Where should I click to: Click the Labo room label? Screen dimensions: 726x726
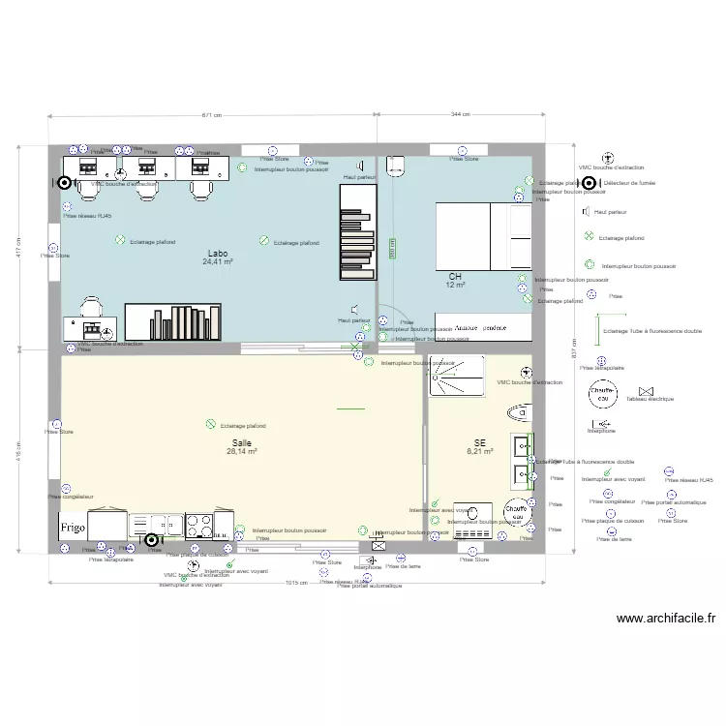point(218,254)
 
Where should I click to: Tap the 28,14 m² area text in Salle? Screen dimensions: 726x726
point(241,451)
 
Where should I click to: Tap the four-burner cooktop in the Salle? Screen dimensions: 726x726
point(199,525)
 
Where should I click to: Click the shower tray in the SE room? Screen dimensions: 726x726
point(458,377)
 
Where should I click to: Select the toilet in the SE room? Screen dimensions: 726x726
point(522,412)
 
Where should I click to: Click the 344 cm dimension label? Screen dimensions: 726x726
point(461,115)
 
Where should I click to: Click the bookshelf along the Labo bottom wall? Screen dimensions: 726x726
point(172,322)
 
